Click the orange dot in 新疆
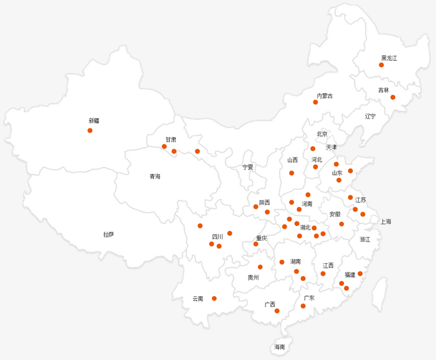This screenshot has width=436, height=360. pos(90,130)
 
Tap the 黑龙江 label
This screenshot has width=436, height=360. pos(389,58)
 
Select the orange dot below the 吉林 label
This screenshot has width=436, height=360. pos(393,97)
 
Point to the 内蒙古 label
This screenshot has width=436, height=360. pos(324,96)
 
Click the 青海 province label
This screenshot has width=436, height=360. pos(155,176)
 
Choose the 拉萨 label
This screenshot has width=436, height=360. pos(109,234)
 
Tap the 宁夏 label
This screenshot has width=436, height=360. pos(248,167)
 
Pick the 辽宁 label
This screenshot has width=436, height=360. pos(370,116)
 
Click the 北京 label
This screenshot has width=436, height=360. pos(322,134)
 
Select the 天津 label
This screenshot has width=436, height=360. pos(331,147)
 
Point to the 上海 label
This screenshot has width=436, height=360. pos(385,222)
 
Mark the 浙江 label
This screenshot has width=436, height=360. pos(365,240)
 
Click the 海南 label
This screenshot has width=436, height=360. pos(279,347)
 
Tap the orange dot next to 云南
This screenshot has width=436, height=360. pos(214,299)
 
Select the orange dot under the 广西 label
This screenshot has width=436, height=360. pos(277,311)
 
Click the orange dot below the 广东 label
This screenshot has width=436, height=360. pos(303,306)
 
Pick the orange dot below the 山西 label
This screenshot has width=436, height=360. pos(291,173)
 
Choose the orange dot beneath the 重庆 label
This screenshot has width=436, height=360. pos(255,244)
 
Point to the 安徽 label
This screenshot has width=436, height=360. pos(335,214)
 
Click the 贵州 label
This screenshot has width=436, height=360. pos(253,277)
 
